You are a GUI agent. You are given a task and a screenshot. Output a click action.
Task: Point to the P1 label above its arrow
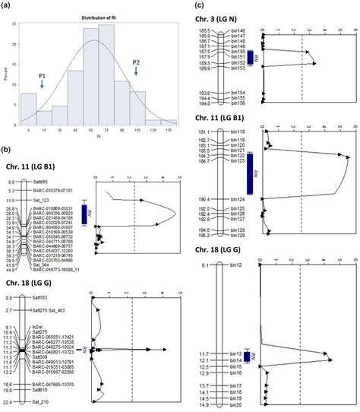tap(41, 75)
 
